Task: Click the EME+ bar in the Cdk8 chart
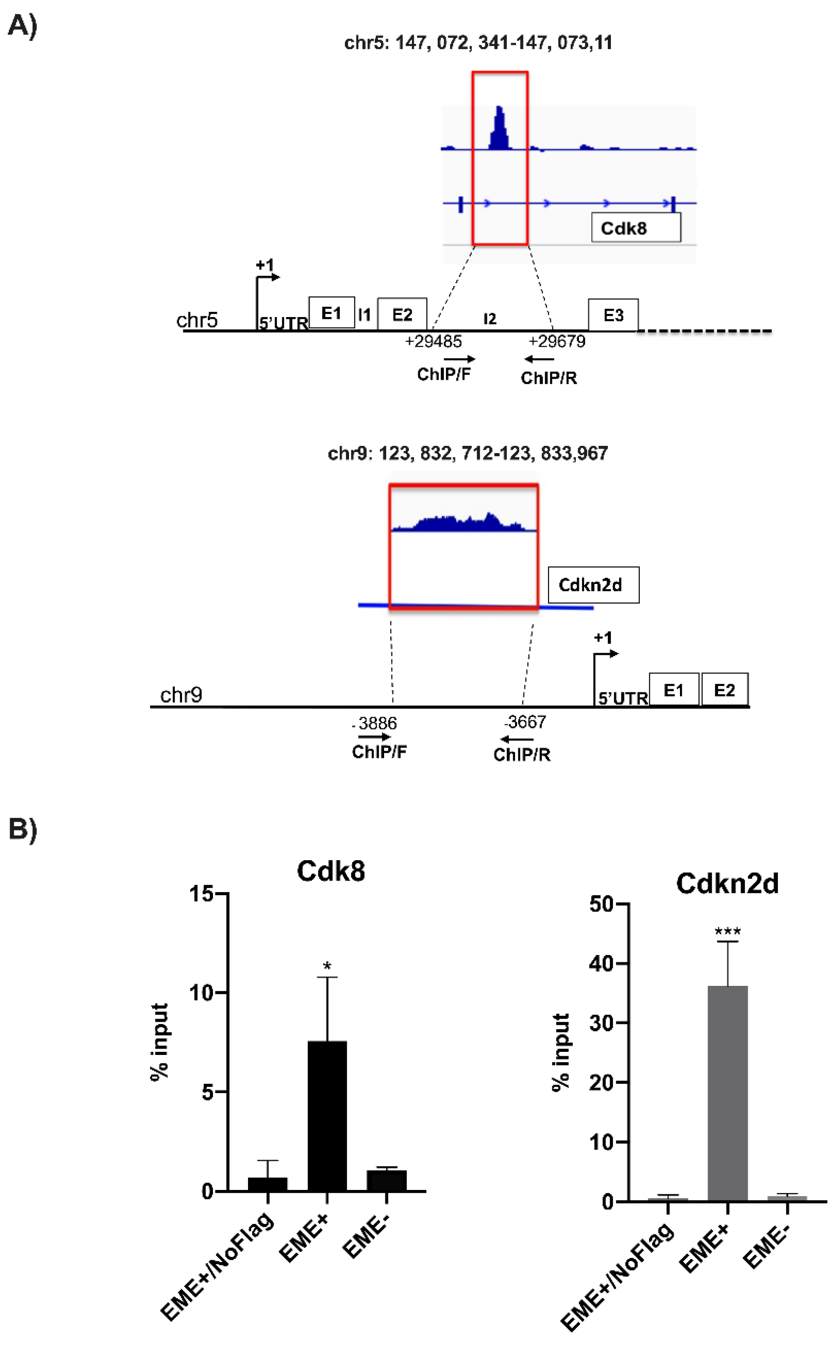pyautogui.click(x=327, y=1115)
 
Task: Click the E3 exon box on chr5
pyautogui.click(x=613, y=315)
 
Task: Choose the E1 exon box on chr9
pyautogui.click(x=673, y=690)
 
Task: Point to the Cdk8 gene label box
pyautogui.click(x=636, y=228)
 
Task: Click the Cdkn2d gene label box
pyautogui.click(x=593, y=585)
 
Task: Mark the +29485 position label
pyautogui.click(x=433, y=342)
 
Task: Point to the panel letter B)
pyautogui.click(x=23, y=829)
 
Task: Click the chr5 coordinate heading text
pyautogui.click(x=478, y=42)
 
